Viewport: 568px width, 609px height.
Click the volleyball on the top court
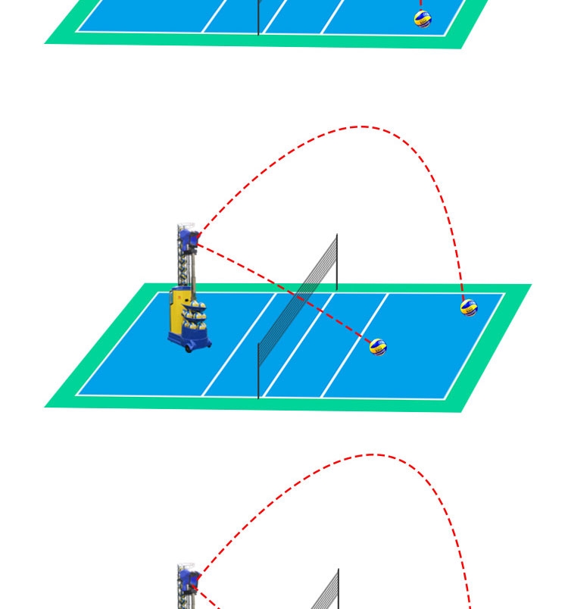point(423,20)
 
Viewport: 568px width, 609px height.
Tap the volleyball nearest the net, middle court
point(378,347)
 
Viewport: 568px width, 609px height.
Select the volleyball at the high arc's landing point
point(470,308)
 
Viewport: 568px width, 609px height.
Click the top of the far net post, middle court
point(337,236)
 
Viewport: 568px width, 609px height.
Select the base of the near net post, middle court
point(258,395)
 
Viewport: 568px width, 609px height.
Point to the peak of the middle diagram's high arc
point(362,126)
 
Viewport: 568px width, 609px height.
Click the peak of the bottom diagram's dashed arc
point(373,454)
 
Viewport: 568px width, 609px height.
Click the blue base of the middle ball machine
point(189,342)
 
